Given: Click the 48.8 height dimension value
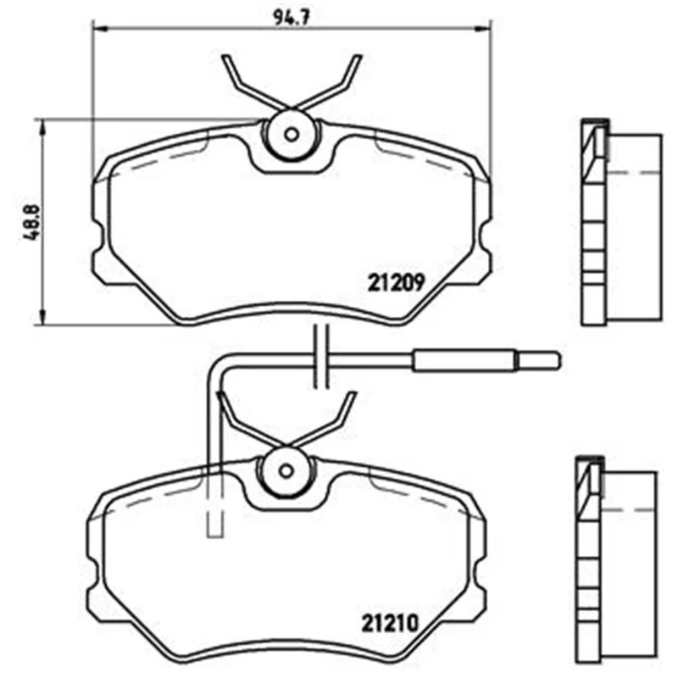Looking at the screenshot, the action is pos(31,222).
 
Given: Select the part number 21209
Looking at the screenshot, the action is pos(397,283).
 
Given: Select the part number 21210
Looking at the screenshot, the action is pos(391,623).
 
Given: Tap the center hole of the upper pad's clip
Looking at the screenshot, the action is pos(292,135).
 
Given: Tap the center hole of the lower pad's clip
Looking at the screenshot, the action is pos(286,471).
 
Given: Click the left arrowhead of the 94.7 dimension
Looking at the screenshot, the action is pos(99,29).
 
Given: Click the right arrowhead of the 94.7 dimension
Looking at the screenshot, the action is pos(484,29).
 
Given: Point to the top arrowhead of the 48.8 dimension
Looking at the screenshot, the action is pos(42,126).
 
